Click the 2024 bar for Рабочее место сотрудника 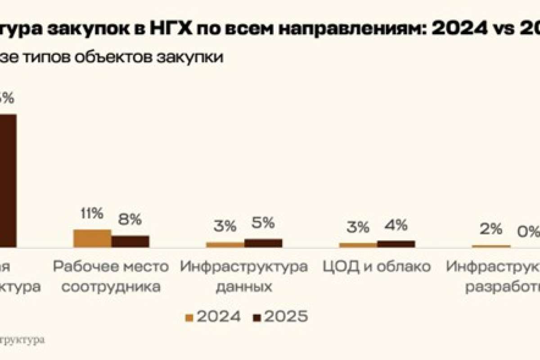[x=92, y=238]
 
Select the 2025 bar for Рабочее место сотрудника [x=130, y=241]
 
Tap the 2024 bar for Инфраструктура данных [x=225, y=244]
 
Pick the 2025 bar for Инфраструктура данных [x=263, y=243]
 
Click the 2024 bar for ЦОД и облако [x=358, y=245]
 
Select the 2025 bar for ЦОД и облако [x=396, y=243]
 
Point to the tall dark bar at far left [x=8, y=180]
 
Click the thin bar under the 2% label [x=491, y=246]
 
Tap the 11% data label [x=91, y=214]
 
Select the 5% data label [x=263, y=224]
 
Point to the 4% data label [x=396, y=225]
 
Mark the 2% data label [x=490, y=229]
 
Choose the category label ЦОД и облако [x=377, y=266]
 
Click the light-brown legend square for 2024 [x=189, y=318]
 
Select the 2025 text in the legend [x=286, y=317]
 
